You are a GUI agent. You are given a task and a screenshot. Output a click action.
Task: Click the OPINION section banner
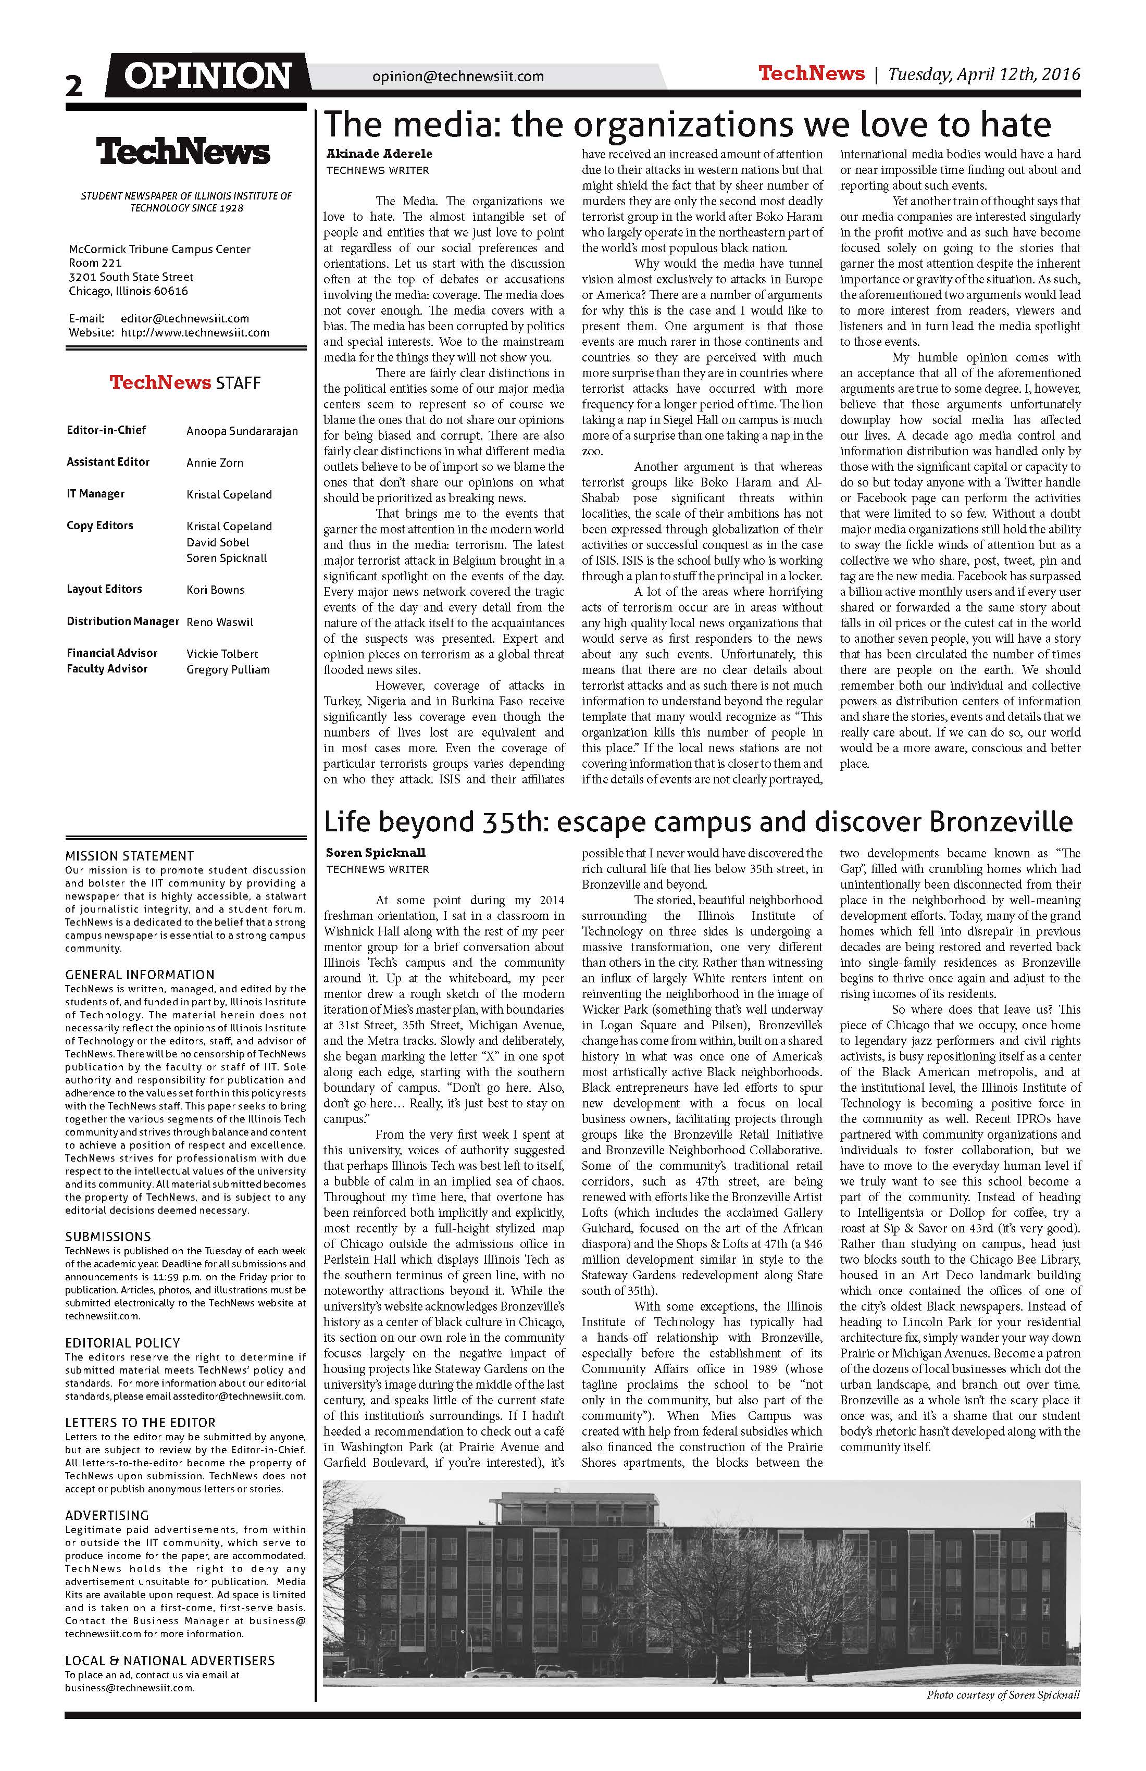click(x=208, y=76)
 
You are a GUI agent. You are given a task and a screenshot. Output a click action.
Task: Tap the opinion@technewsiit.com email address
click(x=458, y=76)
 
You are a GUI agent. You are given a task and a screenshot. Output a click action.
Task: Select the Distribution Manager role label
click(x=123, y=621)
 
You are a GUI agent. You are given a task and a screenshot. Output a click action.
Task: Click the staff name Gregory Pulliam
click(x=228, y=670)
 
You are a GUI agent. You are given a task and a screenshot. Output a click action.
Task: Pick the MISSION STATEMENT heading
click(x=130, y=856)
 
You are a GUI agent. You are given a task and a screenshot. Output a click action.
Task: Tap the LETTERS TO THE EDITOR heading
click(x=140, y=1422)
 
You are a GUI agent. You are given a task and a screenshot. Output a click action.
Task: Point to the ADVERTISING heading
click(x=107, y=1515)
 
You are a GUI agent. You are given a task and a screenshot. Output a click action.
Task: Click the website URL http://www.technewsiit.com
click(x=195, y=333)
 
